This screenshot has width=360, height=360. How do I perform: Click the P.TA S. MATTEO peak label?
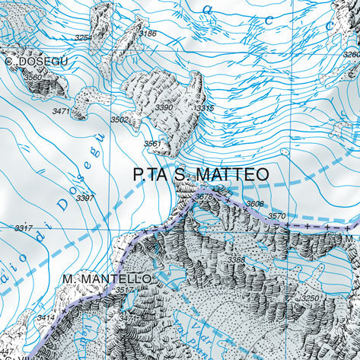[x=200, y=174]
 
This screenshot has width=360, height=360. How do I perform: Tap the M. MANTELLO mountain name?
[x=107, y=279]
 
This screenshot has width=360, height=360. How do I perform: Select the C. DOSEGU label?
[x=36, y=61]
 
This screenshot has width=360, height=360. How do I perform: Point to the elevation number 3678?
[x=203, y=197]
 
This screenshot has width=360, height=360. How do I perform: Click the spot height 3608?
[x=254, y=204]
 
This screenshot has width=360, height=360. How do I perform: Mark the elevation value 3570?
[x=277, y=216]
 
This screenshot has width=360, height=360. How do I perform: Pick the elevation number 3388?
[x=236, y=260]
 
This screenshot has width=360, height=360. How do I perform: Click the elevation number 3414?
[x=46, y=317]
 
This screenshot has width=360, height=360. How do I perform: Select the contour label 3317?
[x=24, y=228]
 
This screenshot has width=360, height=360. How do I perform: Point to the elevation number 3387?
[x=85, y=198]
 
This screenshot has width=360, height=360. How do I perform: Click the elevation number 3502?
[x=119, y=119]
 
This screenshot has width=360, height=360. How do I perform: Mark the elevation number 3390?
[x=164, y=109]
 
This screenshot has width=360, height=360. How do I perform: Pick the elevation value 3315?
[x=204, y=109]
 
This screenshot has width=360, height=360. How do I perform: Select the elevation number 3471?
[x=62, y=112]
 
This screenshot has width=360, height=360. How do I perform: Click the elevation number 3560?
[x=33, y=77]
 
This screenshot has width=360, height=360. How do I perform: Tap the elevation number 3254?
[x=83, y=37]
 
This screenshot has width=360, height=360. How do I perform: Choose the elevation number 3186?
[x=148, y=33]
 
